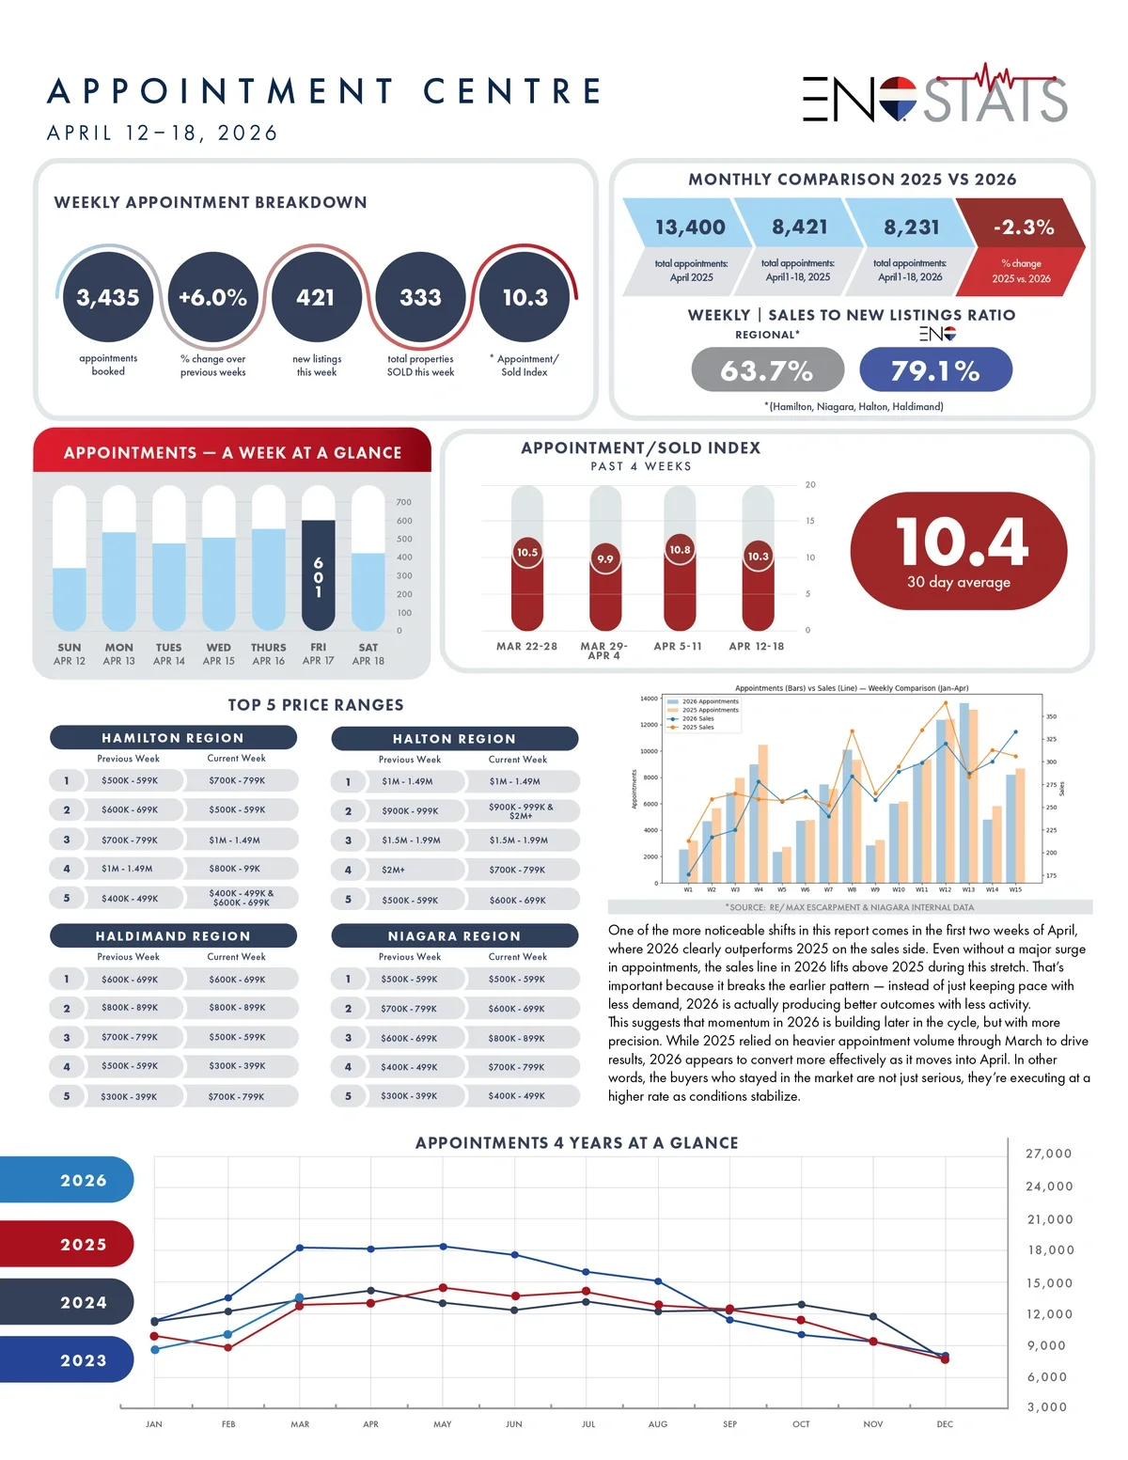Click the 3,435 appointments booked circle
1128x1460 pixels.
click(x=108, y=297)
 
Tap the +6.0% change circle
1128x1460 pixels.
click(x=212, y=297)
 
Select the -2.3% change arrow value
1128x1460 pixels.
click(x=1023, y=228)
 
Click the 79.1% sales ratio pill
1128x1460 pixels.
click(x=935, y=369)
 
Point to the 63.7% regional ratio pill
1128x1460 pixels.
click(x=767, y=369)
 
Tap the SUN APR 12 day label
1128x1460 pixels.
click(x=70, y=654)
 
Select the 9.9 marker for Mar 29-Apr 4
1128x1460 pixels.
click(x=605, y=558)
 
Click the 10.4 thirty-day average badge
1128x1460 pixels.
click(x=959, y=552)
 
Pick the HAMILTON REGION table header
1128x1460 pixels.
click(x=173, y=738)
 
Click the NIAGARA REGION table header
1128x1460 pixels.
click(x=454, y=936)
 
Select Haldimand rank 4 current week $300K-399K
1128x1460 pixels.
click(x=237, y=1066)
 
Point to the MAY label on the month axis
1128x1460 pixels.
click(x=442, y=1424)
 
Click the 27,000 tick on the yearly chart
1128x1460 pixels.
click(x=1049, y=1154)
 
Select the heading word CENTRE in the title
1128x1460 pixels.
click(x=512, y=91)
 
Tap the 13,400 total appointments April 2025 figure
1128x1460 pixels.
click(x=690, y=228)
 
